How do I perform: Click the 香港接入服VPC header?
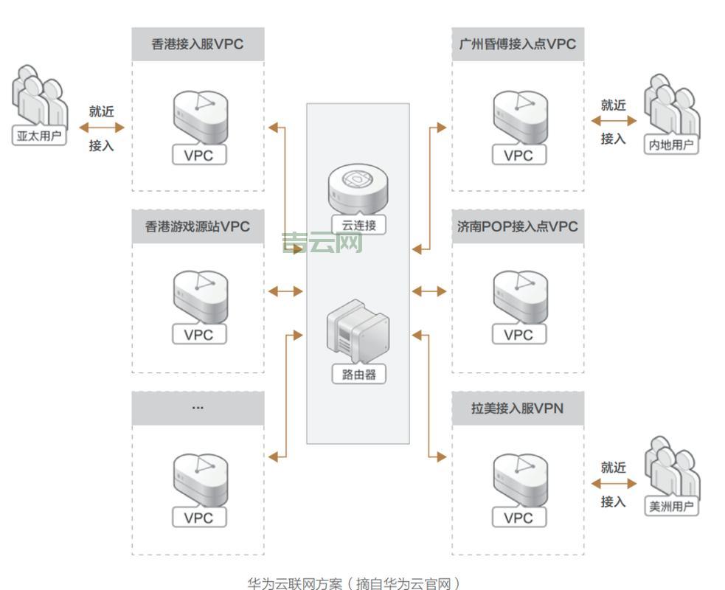pyautogui.click(x=198, y=44)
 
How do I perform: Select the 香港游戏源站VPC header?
pyautogui.click(x=198, y=226)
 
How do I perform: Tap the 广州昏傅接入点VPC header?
pyautogui.click(x=517, y=44)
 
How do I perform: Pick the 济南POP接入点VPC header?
pyautogui.click(x=517, y=226)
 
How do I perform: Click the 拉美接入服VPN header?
pyautogui.click(x=517, y=408)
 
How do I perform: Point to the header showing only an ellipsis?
pyautogui.click(x=198, y=408)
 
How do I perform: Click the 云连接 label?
pyautogui.click(x=358, y=225)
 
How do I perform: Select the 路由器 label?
pyautogui.click(x=358, y=375)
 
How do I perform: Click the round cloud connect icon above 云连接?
pyautogui.click(x=358, y=188)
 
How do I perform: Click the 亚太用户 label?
pyautogui.click(x=40, y=136)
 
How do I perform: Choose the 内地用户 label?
pyautogui.click(x=670, y=145)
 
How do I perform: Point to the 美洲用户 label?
pyautogui.click(x=670, y=507)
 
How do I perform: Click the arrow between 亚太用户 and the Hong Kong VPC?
pyautogui.click(x=102, y=128)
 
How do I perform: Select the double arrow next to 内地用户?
pyautogui.click(x=613, y=121)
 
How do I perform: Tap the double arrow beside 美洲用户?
pyautogui.click(x=613, y=484)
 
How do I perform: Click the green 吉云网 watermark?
pyautogui.click(x=322, y=243)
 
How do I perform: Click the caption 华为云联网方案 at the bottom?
pyautogui.click(x=353, y=583)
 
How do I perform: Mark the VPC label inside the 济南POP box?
pyautogui.click(x=518, y=335)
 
